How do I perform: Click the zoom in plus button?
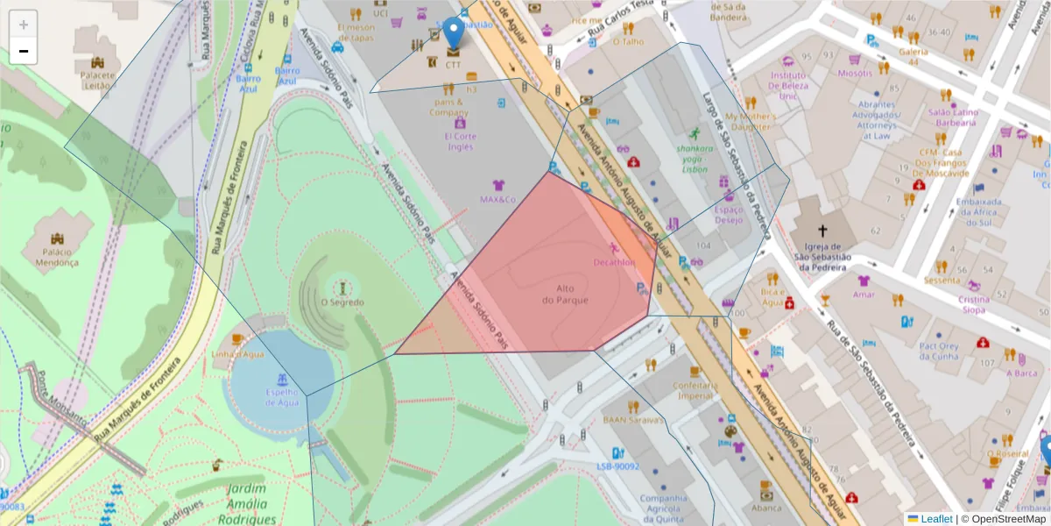(x=24, y=25)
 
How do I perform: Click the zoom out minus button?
(x=24, y=52)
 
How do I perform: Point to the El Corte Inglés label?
(x=460, y=141)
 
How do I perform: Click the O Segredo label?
(x=342, y=302)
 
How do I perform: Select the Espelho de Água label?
(x=281, y=397)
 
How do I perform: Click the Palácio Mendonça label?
(x=56, y=257)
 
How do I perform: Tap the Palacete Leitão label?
(x=97, y=80)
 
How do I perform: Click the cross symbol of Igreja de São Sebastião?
(x=822, y=230)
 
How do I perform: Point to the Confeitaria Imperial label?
(x=694, y=390)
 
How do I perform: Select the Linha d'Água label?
(x=237, y=354)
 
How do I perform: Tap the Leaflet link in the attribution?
(x=936, y=519)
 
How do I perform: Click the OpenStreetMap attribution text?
(x=1004, y=519)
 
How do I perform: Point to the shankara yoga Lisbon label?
(x=695, y=159)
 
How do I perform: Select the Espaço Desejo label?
(x=729, y=215)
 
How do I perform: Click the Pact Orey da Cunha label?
(x=939, y=351)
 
